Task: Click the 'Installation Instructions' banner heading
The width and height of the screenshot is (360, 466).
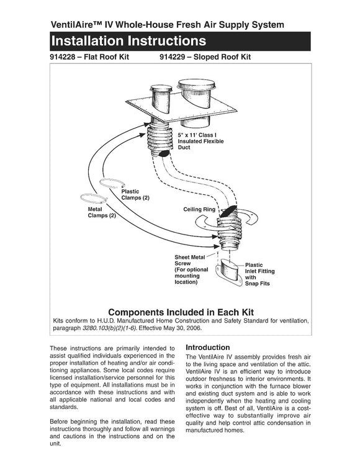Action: [x=128, y=41]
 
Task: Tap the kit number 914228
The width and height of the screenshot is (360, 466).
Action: [x=63, y=57]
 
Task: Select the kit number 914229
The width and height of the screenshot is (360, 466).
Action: [x=172, y=57]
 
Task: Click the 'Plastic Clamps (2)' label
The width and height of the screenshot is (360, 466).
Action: [x=135, y=195]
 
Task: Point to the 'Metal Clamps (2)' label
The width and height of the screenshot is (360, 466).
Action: [x=102, y=212]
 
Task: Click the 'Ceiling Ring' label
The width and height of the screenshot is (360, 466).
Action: [x=199, y=209]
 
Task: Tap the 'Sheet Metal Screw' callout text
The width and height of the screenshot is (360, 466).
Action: [x=190, y=261]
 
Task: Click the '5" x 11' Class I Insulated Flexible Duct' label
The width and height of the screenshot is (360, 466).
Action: [x=200, y=141]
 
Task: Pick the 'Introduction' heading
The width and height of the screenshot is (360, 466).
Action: [x=208, y=347]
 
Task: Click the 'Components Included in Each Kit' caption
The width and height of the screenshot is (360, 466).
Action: [x=181, y=312]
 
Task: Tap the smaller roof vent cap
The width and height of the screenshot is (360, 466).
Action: [x=161, y=88]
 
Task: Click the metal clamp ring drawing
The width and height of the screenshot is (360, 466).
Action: [x=93, y=198]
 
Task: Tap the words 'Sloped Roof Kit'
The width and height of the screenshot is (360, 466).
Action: [x=222, y=57]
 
